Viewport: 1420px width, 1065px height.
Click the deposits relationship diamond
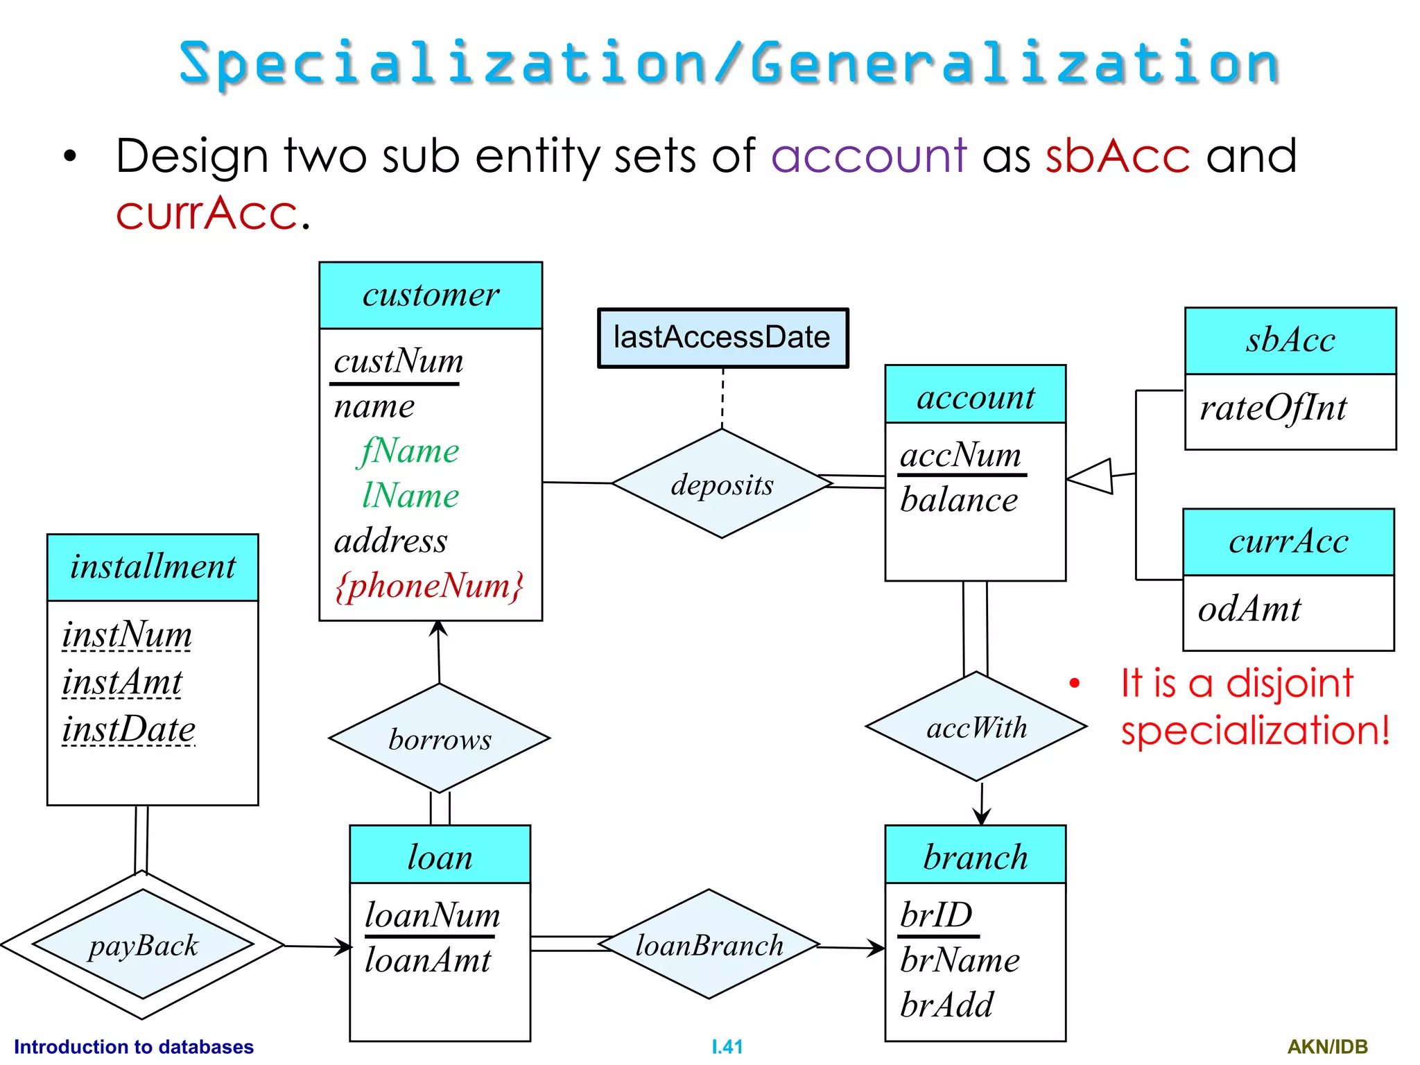pyautogui.click(x=722, y=484)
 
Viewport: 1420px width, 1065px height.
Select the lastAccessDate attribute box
pyautogui.click(x=722, y=338)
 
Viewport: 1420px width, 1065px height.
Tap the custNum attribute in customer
pyautogui.click(x=398, y=361)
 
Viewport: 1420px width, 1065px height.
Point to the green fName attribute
pyautogui.click(x=410, y=451)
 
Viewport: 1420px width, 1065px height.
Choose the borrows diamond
pyautogui.click(x=440, y=739)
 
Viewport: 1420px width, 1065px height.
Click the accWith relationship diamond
pyautogui.click(x=976, y=727)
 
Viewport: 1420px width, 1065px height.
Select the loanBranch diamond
pyautogui.click(x=709, y=945)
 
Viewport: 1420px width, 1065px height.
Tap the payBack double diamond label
pyautogui.click(x=143, y=946)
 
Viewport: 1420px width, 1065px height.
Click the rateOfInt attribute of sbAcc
pyautogui.click(x=1273, y=408)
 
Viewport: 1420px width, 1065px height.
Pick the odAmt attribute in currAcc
pyautogui.click(x=1249, y=609)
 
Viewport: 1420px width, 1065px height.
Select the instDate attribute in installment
pyautogui.click(x=129, y=729)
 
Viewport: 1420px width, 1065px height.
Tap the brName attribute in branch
pyautogui.click(x=960, y=960)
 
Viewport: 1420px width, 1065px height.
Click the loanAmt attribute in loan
pyautogui.click(x=428, y=960)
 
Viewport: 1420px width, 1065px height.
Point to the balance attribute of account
pyautogui.click(x=959, y=500)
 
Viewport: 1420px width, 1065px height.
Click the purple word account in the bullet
pyautogui.click(x=869, y=155)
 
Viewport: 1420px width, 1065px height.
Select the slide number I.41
pyautogui.click(x=727, y=1046)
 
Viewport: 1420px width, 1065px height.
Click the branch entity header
pyautogui.click(x=975, y=857)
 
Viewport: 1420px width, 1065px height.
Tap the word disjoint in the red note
pyautogui.click(x=1289, y=683)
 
